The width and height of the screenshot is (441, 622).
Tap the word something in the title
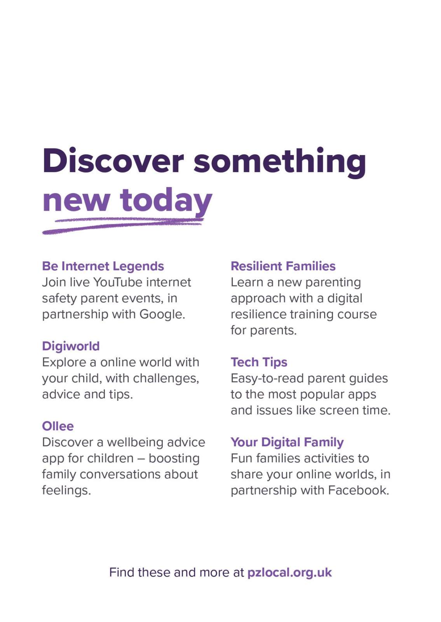coord(280,162)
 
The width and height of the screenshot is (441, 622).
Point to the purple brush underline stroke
coord(123,226)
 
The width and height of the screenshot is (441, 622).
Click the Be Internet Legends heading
coord(103,266)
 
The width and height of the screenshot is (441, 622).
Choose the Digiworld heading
coord(71,346)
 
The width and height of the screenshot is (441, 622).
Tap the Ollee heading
coord(58,426)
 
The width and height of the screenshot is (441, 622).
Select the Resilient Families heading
coord(283,266)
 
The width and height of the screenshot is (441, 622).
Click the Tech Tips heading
coord(259,362)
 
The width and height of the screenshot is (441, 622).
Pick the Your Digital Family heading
coord(287,442)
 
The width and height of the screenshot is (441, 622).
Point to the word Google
coord(162,314)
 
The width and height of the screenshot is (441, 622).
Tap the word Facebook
coord(358,490)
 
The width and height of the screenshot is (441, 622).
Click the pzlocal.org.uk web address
coord(289,573)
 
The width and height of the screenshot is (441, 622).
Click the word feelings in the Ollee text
coord(66,491)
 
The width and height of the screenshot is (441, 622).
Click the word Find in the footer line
coord(122,573)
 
